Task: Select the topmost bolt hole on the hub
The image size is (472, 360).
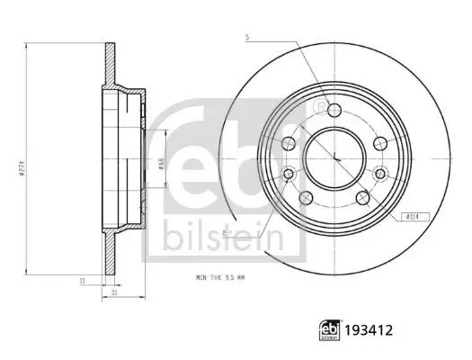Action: tap(334, 110)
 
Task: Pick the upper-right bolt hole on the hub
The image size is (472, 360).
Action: tap(378, 142)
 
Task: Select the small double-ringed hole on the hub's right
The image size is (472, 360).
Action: tap(378, 175)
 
